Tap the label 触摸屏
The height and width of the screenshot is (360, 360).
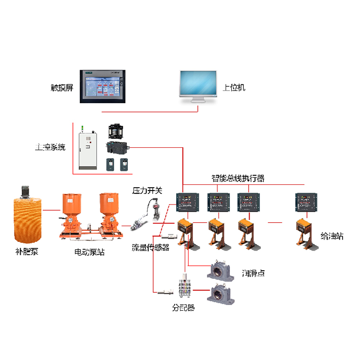(x=62, y=88)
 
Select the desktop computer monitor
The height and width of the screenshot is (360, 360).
(x=198, y=86)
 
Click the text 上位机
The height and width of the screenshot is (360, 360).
(x=234, y=88)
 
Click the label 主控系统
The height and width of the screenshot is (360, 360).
(x=50, y=147)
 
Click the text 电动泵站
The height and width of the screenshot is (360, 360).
(x=90, y=251)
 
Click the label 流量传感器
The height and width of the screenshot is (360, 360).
(x=151, y=248)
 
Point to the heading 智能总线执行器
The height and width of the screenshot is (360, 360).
(x=238, y=179)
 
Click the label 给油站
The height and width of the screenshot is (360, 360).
(x=332, y=236)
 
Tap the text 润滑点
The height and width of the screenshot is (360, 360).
(x=253, y=273)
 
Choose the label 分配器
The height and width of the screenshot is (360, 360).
(x=184, y=308)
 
